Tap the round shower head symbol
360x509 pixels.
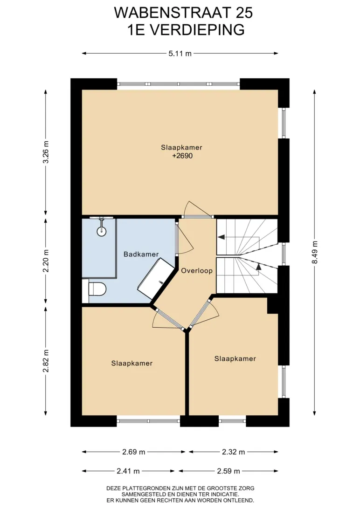(102, 230)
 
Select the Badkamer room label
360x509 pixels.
(141, 254)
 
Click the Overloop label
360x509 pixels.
(197, 270)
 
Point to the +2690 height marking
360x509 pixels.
(182, 156)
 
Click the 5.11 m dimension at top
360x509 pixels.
(180, 54)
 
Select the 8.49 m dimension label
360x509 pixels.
(315, 252)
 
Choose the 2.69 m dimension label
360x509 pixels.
(134, 452)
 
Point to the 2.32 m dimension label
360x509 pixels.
(234, 452)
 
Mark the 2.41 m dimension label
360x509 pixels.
(128, 471)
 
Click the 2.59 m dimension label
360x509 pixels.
(228, 471)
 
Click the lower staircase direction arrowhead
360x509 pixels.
(258, 267)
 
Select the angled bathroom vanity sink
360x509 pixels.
(156, 279)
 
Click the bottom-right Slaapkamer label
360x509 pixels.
(235, 359)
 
